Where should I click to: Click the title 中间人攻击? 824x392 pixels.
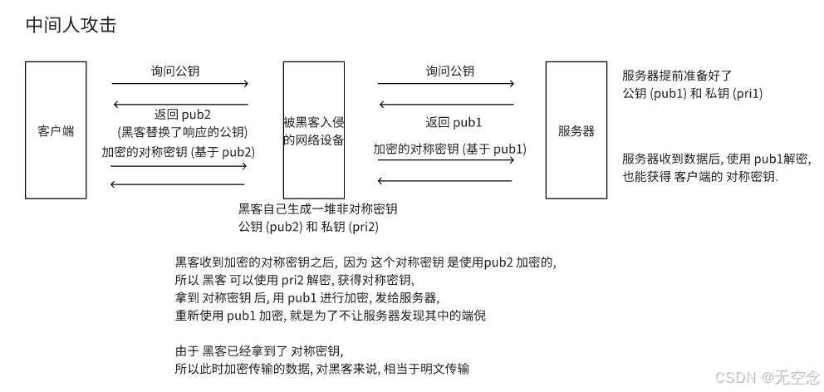71,26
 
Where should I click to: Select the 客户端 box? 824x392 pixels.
56,130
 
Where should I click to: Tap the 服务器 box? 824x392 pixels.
576,130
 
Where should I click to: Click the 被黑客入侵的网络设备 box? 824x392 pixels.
314,130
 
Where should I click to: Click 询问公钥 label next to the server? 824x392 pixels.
449,71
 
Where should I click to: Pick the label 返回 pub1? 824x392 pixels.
454,123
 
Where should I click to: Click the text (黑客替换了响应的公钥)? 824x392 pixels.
183,132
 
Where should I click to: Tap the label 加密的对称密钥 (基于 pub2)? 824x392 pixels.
178,152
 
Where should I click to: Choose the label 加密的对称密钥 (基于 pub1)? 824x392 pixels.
449,149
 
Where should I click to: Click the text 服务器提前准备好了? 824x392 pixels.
677,76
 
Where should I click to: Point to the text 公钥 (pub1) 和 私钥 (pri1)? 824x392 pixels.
692,93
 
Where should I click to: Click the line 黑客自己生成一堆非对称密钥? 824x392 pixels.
317,208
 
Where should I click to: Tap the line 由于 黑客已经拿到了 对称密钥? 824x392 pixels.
258,350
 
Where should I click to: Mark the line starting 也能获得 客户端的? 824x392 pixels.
700,177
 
